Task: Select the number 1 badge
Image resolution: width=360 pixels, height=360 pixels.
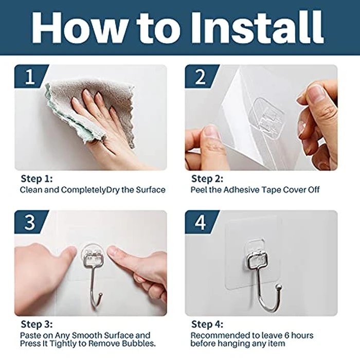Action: point(30,78)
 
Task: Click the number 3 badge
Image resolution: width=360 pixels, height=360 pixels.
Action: point(30,223)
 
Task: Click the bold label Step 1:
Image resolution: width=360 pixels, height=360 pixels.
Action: point(35,179)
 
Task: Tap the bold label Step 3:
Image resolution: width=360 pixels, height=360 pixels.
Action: point(35,325)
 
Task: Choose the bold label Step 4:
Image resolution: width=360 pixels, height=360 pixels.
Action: point(206,325)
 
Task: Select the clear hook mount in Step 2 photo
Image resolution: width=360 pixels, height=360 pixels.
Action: point(268,119)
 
